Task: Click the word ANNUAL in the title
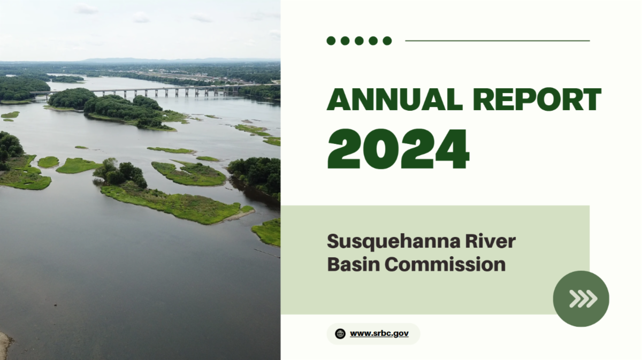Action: point(395,99)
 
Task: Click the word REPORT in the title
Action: point(537,99)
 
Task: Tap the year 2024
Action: point(398,149)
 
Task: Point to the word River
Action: point(491,241)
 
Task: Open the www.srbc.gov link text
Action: point(379,334)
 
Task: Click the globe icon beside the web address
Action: point(340,334)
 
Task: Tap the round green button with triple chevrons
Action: point(581,298)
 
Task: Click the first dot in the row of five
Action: point(331,41)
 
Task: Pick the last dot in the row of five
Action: point(387,41)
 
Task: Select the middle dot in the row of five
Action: point(359,41)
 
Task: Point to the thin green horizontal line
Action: point(497,41)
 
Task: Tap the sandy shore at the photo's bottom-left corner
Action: point(6,346)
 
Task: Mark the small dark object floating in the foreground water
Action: point(55,305)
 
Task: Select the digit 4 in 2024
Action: point(452,149)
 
